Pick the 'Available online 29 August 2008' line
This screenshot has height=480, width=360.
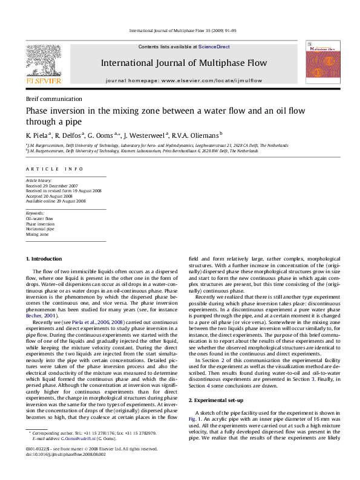(56, 201)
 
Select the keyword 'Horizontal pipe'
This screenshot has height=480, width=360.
(40, 229)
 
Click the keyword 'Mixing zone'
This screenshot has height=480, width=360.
(37, 234)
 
